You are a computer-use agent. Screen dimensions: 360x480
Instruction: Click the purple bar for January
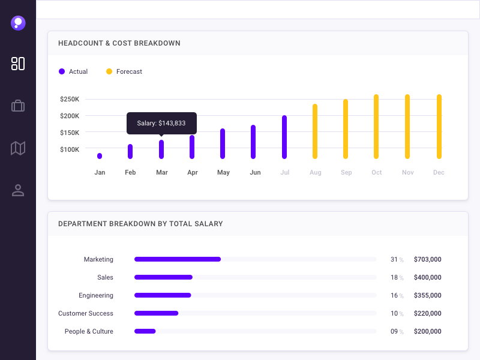pos(100,156)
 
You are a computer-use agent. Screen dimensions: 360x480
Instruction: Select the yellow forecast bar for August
pos(315,131)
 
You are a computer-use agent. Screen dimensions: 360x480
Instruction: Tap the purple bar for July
pos(284,137)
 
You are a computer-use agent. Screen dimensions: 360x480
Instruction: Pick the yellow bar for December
pos(439,127)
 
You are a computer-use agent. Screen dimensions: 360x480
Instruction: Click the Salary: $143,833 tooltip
pos(161,123)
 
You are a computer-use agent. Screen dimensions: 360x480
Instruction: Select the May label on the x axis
pos(223,173)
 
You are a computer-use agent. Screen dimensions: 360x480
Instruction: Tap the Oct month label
pos(377,173)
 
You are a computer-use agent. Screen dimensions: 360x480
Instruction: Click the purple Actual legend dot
pos(62,71)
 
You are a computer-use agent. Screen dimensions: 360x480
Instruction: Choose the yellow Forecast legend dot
pos(109,71)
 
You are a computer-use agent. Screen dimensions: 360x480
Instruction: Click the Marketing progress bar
pos(178,259)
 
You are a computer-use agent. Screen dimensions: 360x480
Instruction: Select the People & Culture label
pos(89,331)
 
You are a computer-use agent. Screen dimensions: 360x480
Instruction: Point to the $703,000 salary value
pos(428,259)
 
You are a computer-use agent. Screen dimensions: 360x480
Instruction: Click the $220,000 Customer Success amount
pos(428,313)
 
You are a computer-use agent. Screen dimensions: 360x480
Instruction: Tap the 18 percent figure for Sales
pos(394,277)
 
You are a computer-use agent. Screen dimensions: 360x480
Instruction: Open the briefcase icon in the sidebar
pos(18,106)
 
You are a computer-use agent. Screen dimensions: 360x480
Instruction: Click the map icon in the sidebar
pos(18,148)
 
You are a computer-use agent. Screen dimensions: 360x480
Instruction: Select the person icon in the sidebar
pos(18,190)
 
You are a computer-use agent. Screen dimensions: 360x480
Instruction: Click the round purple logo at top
pos(18,23)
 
